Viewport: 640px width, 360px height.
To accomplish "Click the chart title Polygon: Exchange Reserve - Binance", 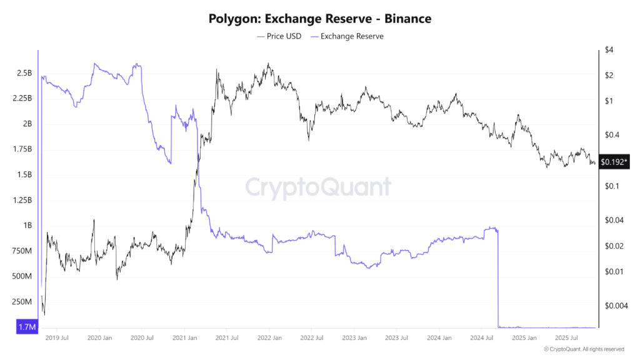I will pyautogui.click(x=319, y=19).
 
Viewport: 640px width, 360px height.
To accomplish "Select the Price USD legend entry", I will pyautogui.click(x=279, y=36).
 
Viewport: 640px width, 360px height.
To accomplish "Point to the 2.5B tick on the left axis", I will pyautogui.click(x=24, y=73).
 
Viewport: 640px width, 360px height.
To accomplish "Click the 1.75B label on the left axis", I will pyautogui.click(x=22, y=149).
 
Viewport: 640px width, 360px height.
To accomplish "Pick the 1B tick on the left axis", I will pyautogui.click(x=27, y=226).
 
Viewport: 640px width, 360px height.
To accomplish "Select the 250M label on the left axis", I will pyautogui.click(x=22, y=302).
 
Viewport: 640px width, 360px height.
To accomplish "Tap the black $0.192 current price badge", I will pyautogui.click(x=612, y=162).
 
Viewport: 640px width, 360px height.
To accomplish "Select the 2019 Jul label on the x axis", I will pyautogui.click(x=57, y=337).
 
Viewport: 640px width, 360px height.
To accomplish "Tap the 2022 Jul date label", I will pyautogui.click(x=311, y=337).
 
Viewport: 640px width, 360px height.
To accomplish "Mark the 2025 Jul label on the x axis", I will pyautogui.click(x=566, y=337).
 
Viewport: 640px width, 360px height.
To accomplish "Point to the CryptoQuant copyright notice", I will pyautogui.click(x=584, y=349).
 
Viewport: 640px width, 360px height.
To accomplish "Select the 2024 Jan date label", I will pyautogui.click(x=439, y=337).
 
